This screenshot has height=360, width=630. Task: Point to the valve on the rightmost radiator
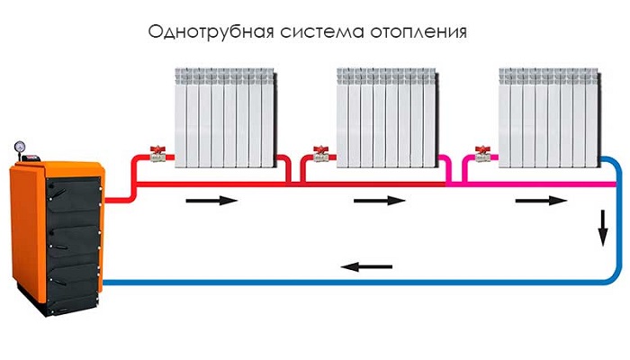pyautogui.click(x=483, y=155)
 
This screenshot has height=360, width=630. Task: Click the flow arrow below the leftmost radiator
pyautogui.click(x=212, y=201)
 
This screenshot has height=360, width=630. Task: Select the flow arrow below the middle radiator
pyautogui.click(x=379, y=201)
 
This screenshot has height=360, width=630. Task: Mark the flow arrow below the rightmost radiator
pyautogui.click(x=540, y=201)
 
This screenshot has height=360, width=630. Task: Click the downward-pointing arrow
pyautogui.click(x=601, y=233)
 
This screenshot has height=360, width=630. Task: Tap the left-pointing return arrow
pyautogui.click(x=366, y=265)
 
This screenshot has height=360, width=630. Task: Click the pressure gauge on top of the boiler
pyautogui.click(x=19, y=146)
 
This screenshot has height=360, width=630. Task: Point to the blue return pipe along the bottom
pyautogui.click(x=270, y=282)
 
